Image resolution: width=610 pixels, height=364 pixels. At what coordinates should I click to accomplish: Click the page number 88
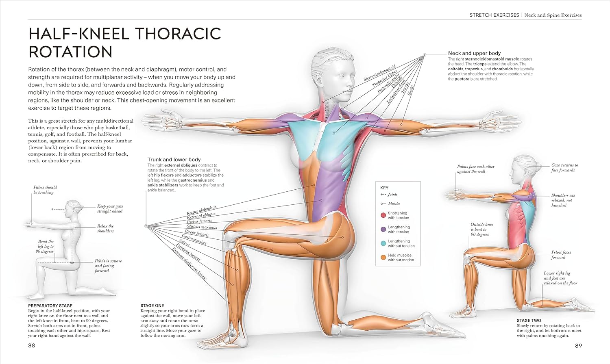click(32, 345)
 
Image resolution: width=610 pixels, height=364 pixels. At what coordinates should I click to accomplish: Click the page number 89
click(578, 345)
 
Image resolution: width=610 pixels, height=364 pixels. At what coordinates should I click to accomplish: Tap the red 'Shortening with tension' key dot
click(383, 215)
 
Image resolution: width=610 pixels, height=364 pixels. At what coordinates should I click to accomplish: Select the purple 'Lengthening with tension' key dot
click(383, 230)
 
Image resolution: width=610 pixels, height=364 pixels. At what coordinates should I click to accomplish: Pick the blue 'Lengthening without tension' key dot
click(383, 243)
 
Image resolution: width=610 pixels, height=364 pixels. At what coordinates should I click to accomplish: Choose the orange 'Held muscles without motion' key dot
click(383, 258)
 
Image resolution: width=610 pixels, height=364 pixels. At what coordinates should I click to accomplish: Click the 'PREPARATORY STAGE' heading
click(50, 305)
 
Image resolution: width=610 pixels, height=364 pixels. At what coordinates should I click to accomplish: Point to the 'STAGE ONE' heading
click(152, 305)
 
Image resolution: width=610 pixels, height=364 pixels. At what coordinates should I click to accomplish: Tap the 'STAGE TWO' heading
click(529, 321)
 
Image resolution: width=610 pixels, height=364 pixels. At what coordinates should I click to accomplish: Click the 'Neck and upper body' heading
click(475, 53)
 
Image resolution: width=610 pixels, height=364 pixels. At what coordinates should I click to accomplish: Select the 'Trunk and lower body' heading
click(174, 160)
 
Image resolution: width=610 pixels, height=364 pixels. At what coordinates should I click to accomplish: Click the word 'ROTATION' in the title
click(70, 52)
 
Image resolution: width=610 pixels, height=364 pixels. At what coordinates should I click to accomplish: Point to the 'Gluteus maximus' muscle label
click(202, 227)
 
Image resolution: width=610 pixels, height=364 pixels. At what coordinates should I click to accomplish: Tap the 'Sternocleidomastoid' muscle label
click(379, 73)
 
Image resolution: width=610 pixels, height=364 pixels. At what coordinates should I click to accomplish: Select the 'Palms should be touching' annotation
click(45, 190)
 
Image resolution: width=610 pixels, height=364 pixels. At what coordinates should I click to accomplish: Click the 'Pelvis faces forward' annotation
click(561, 255)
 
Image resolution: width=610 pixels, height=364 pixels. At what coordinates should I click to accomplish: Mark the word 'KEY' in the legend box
click(384, 188)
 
